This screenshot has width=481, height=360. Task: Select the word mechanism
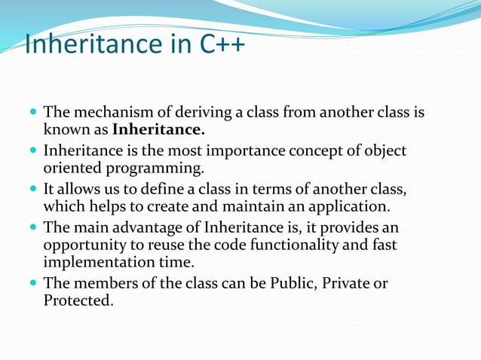(106, 114)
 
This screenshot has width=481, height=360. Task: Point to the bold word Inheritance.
(158, 130)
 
